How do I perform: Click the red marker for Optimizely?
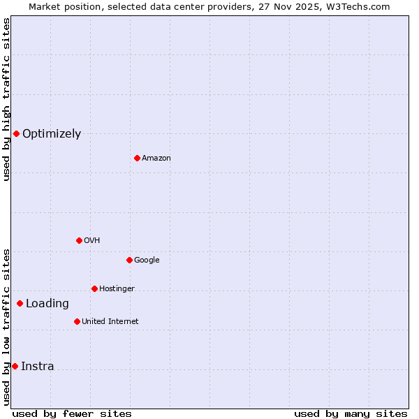(x=16, y=133)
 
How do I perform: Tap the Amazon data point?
(x=137, y=158)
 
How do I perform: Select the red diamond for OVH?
(x=79, y=240)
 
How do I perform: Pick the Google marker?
(x=129, y=260)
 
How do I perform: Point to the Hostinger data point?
(x=94, y=288)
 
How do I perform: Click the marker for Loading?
(x=20, y=303)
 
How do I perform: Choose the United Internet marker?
(x=77, y=321)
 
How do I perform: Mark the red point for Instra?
(x=15, y=366)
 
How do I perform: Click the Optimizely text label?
(x=52, y=134)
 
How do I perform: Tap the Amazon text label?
(x=156, y=159)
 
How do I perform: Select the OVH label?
(x=92, y=241)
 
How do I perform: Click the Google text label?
(x=147, y=260)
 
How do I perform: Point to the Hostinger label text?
(x=117, y=289)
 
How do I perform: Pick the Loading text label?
(x=47, y=304)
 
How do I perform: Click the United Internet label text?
(x=110, y=322)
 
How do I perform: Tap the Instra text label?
(x=37, y=367)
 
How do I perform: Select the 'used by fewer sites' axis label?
(x=72, y=413)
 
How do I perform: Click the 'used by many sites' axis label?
(x=351, y=413)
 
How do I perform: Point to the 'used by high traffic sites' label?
(x=6, y=99)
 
